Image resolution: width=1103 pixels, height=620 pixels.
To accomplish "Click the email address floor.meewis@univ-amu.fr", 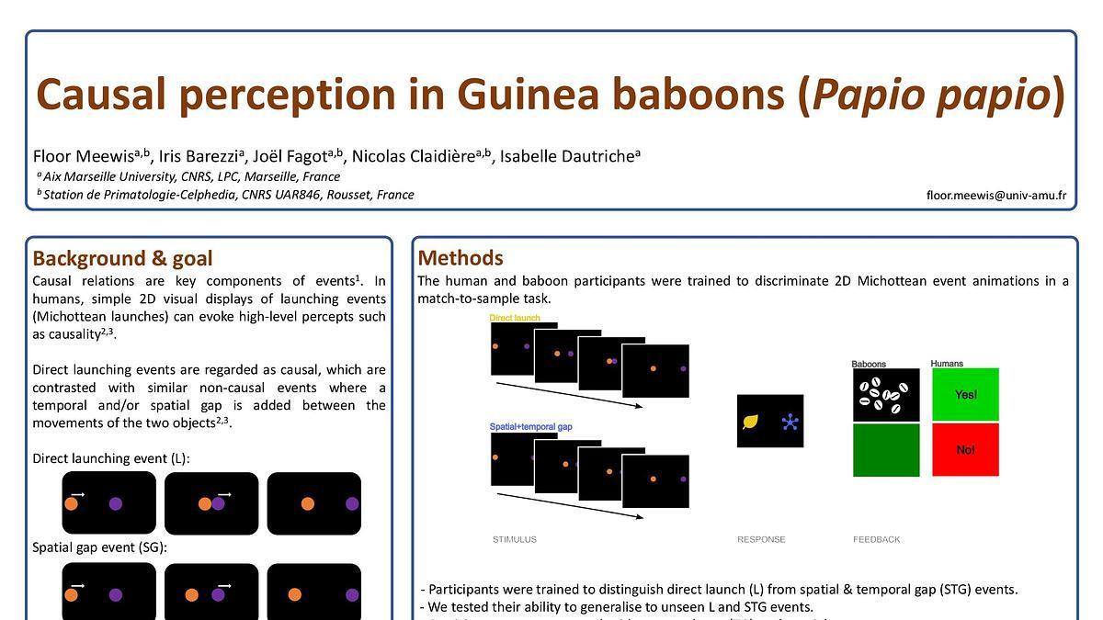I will tap(996, 195).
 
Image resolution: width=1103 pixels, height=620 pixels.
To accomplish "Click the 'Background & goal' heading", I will tap(122, 258).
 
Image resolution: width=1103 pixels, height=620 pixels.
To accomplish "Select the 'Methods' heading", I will tap(461, 257).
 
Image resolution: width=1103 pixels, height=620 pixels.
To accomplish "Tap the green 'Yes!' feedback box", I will tap(965, 395).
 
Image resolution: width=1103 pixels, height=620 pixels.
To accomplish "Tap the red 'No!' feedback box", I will tap(965, 450).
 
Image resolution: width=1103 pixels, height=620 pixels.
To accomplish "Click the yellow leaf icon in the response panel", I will tap(751, 422).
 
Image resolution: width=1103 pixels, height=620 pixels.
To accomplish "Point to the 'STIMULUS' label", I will tap(514, 539).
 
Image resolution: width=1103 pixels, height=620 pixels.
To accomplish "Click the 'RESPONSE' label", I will tap(761, 539).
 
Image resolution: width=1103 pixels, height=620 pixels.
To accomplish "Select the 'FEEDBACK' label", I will tap(876, 539).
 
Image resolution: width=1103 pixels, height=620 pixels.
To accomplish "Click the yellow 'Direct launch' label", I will tap(515, 318).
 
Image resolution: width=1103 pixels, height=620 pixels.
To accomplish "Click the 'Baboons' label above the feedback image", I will tap(869, 364).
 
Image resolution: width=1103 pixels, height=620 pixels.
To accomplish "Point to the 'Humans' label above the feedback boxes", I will tap(947, 364).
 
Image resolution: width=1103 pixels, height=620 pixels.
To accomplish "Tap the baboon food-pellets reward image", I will tap(886, 395).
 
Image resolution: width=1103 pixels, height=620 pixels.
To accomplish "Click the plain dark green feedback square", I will tap(886, 450).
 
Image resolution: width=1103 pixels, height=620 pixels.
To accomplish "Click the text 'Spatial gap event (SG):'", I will tap(100, 547).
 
